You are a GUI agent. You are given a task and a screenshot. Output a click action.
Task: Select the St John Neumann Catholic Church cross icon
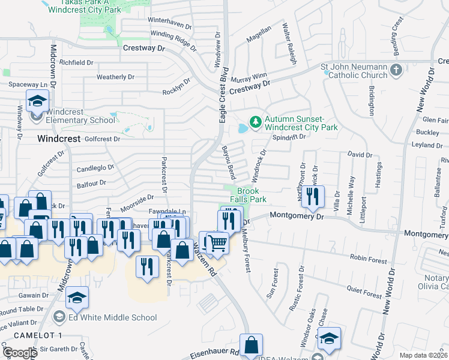tap(396, 71)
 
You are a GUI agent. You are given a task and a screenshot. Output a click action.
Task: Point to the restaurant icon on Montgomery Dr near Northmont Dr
tap(313, 196)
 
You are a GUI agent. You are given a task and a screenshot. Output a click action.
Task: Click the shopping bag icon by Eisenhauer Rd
tap(252, 345)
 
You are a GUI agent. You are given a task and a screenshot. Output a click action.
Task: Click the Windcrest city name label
tap(58, 138)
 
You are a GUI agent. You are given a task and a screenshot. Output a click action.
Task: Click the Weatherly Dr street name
tap(115, 77)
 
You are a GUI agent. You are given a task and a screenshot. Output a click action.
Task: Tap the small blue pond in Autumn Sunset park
tap(243, 128)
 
